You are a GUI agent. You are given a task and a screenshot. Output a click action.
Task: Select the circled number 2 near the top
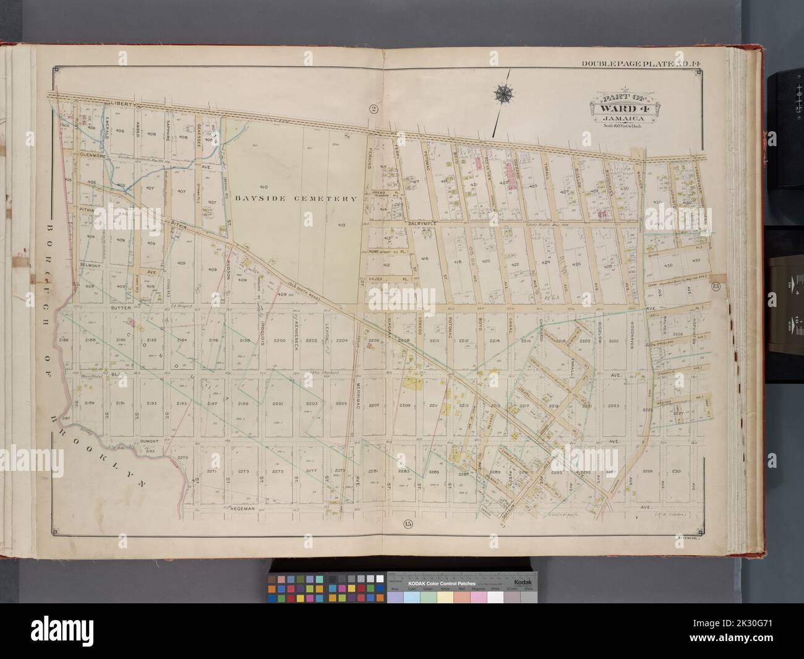[x=373, y=110]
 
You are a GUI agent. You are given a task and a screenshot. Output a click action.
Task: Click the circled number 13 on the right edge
[x=716, y=286]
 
